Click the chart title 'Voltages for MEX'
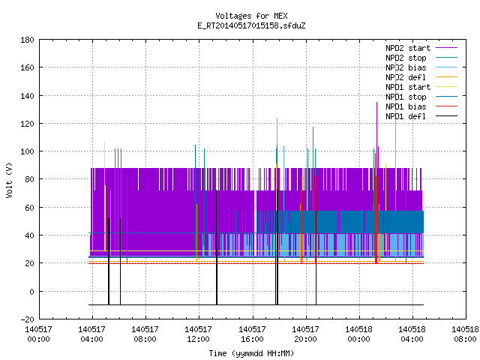[251, 16]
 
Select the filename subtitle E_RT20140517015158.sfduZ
[251, 25]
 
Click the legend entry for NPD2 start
[408, 48]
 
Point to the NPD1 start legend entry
[408, 87]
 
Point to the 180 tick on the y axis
[27, 40]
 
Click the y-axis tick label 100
[27, 151]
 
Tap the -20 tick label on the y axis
[27, 319]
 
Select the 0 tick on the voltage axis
[31, 292]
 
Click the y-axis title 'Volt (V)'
[10, 180]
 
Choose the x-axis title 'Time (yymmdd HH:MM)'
[251, 353]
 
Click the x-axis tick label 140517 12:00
[198, 334]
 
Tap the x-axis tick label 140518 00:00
[358, 334]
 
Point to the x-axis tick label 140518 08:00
[465, 334]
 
